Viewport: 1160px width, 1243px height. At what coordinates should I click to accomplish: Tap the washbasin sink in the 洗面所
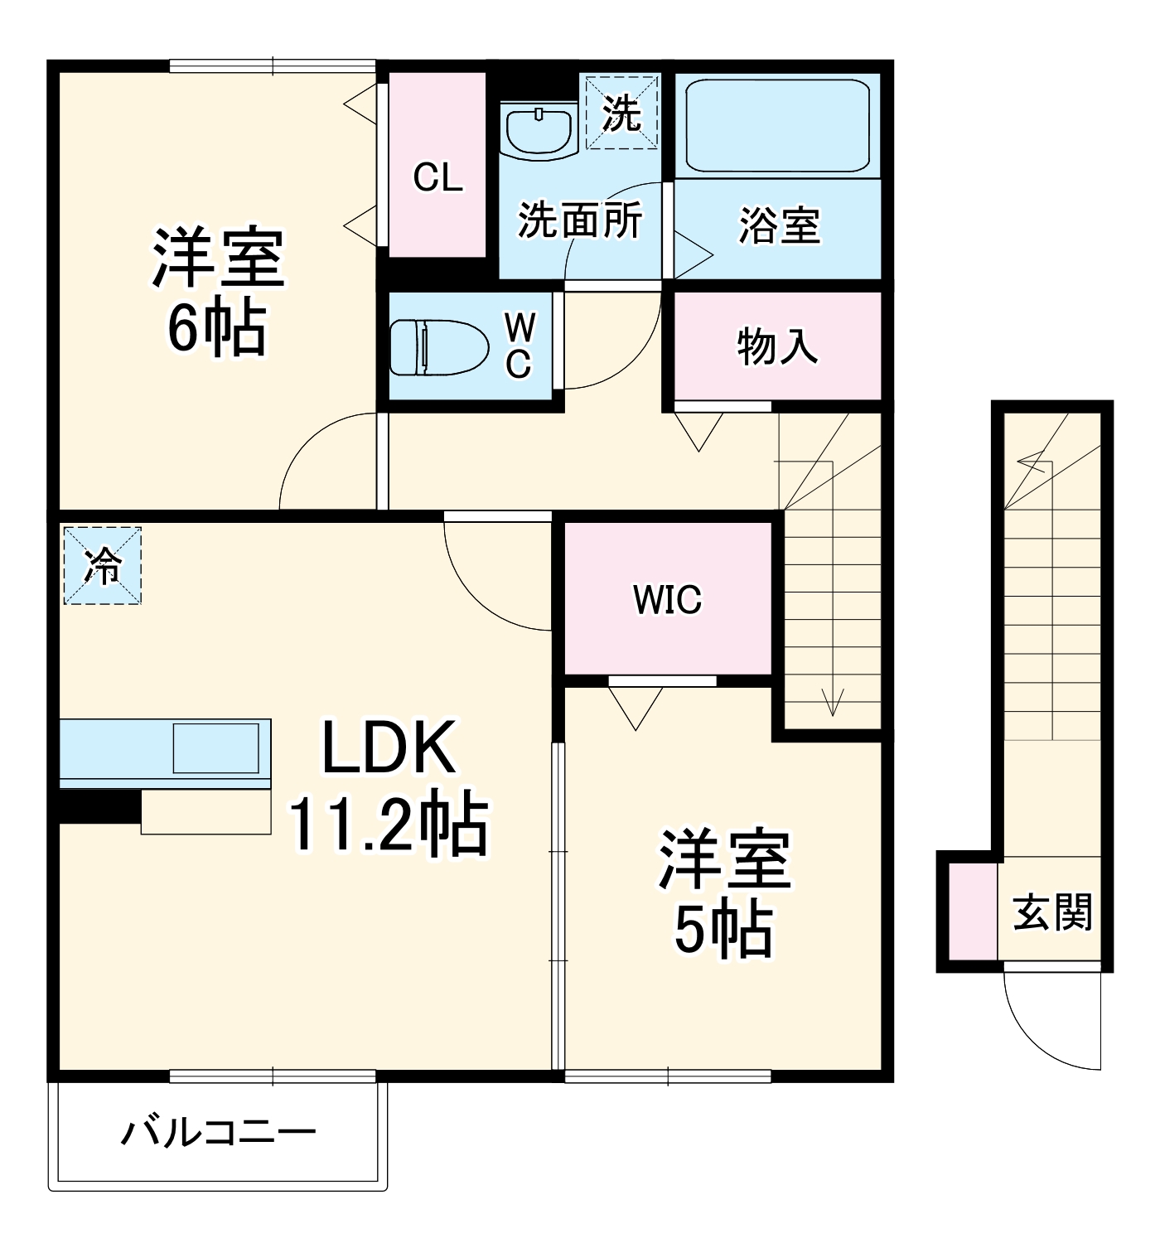(x=539, y=130)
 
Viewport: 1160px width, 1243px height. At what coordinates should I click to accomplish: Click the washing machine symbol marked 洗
(x=622, y=112)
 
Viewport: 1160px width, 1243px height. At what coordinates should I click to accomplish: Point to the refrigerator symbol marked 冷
(x=103, y=566)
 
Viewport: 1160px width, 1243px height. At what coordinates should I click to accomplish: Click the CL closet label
(x=437, y=177)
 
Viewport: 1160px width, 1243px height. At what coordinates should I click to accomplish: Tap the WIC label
(x=667, y=599)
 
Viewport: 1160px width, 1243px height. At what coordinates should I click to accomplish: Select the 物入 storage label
(x=777, y=346)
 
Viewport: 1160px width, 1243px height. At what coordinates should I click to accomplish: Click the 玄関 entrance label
(x=1052, y=912)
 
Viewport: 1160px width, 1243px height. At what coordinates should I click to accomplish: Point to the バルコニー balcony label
(x=219, y=1132)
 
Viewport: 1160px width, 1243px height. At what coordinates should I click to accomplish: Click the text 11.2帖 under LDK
(x=388, y=825)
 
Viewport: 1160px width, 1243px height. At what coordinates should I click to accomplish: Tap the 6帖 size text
(x=217, y=328)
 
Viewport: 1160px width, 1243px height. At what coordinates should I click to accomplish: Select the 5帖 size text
(x=723, y=930)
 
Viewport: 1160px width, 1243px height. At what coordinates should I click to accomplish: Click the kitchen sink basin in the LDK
(x=216, y=748)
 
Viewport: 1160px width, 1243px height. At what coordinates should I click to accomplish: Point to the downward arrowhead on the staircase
(x=832, y=707)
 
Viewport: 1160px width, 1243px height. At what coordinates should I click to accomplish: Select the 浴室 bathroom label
(x=779, y=225)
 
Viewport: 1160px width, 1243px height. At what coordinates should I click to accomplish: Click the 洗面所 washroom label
(x=580, y=220)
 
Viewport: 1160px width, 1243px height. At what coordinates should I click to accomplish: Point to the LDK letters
(x=388, y=747)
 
